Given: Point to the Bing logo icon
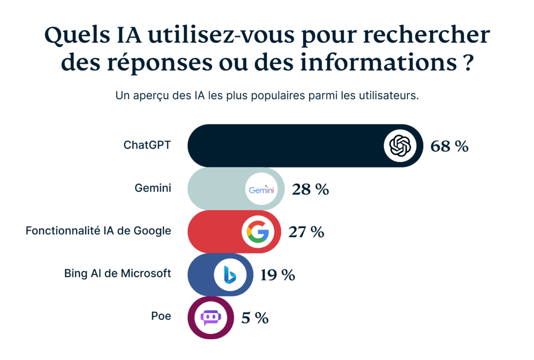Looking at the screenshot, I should tap(230, 274).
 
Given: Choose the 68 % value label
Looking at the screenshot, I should tap(450, 146).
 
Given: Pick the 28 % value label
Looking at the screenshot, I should tap(310, 189).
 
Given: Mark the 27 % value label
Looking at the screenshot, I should tap(306, 232).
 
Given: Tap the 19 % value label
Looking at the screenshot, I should tap(277, 274).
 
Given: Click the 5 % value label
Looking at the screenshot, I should tap(254, 317).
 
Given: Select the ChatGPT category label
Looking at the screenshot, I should tap(147, 146).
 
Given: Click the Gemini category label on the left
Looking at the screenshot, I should tap(153, 188).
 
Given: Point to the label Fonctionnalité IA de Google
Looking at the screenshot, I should tap(98, 231).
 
